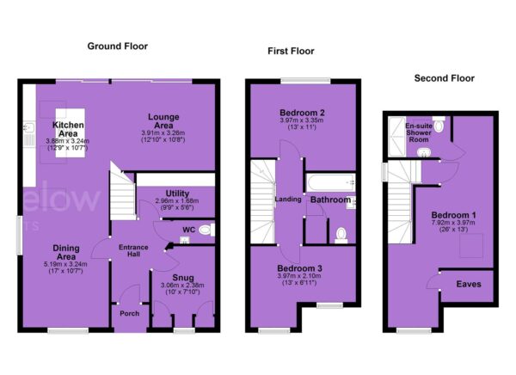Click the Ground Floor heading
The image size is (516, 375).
tap(118, 46)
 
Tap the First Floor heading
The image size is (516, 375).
tap(291, 51)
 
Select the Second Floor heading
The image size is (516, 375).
tap(445, 78)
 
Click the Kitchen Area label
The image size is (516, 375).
tap(68, 129)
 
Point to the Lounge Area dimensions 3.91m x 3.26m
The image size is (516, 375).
tap(163, 133)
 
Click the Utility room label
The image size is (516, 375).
tap(177, 194)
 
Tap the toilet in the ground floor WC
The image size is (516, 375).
tap(206, 230)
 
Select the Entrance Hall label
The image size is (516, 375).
tap(133, 250)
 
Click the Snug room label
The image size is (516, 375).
tap(183, 278)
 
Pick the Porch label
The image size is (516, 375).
tap(129, 313)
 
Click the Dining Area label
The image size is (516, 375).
tap(66, 252)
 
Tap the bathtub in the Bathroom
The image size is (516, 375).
tap(331, 182)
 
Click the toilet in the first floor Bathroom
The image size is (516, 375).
tap(341, 236)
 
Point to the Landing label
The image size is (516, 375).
tap(288, 200)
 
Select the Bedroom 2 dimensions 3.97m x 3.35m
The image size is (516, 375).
tap(302, 120)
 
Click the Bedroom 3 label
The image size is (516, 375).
tap(299, 268)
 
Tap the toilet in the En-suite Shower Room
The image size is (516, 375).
tap(439, 124)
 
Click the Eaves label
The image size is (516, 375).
tap(469, 284)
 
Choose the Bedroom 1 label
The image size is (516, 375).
tap(453, 215)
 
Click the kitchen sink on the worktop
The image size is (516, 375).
tap(29, 126)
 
